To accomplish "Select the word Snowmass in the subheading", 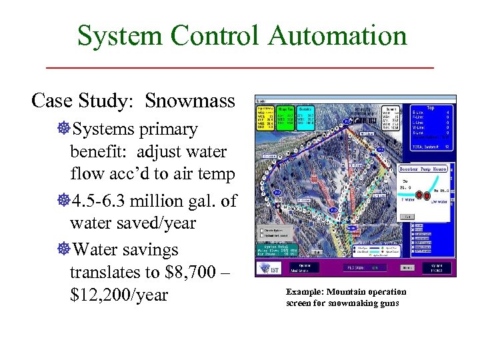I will coord(190,101).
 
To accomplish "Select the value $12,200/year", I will coord(119,295).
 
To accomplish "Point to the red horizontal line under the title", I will coord(240,67).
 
